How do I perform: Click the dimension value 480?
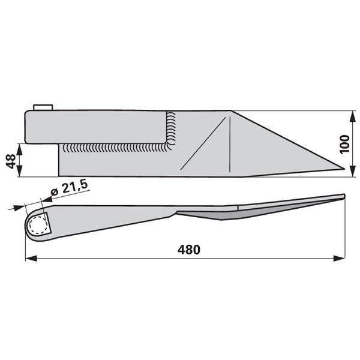click(x=189, y=250)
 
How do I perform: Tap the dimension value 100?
click(x=344, y=144)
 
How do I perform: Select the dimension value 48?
click(x=11, y=161)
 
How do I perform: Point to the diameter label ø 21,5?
click(x=70, y=188)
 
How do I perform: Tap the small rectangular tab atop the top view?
click(x=43, y=107)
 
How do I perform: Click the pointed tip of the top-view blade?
click(x=344, y=169)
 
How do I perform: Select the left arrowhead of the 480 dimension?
click(x=31, y=258)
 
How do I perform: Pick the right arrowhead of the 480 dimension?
click(x=339, y=258)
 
